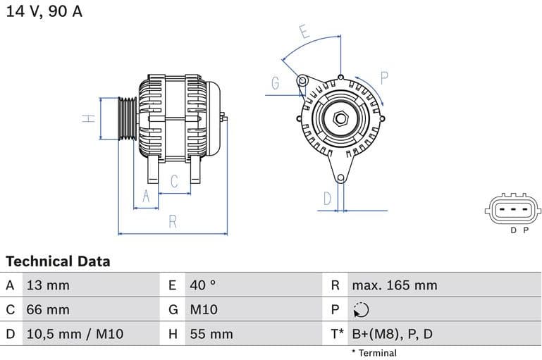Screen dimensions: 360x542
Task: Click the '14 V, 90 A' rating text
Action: click(x=44, y=12)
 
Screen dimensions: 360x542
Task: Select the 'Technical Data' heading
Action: click(x=58, y=261)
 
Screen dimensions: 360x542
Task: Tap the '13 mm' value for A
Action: click(x=48, y=285)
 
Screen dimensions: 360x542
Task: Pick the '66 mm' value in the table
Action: click(x=48, y=309)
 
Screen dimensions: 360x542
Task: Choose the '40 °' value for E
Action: click(x=203, y=285)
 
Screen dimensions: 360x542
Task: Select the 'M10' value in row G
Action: click(x=204, y=309)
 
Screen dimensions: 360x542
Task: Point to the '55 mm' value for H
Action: click(x=211, y=333)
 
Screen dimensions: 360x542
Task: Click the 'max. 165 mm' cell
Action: click(x=394, y=285)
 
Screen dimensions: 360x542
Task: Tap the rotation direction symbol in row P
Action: click(x=360, y=309)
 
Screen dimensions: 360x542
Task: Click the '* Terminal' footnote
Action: click(x=374, y=353)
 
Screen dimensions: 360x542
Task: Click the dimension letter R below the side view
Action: click(x=173, y=221)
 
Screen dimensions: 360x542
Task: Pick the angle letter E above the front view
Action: click(x=304, y=32)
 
